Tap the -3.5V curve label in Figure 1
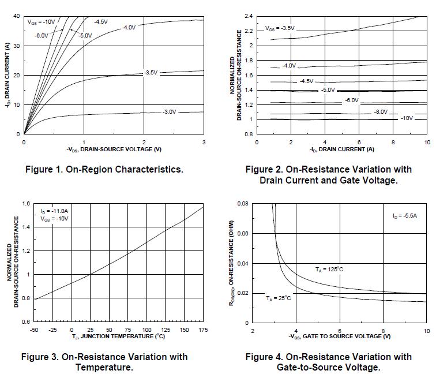(x=151, y=73)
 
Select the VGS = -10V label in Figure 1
(x=41, y=22)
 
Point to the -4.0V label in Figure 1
(x=130, y=27)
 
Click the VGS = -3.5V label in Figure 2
(x=280, y=28)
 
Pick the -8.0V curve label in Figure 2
(x=381, y=111)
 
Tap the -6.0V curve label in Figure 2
(x=351, y=100)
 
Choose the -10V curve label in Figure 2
(x=407, y=118)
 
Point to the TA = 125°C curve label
(x=329, y=269)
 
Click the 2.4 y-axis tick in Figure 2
(x=249, y=16)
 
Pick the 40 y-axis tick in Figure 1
(x=17, y=16)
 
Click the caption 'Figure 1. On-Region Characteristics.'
(x=104, y=170)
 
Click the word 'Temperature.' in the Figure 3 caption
(x=104, y=367)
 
